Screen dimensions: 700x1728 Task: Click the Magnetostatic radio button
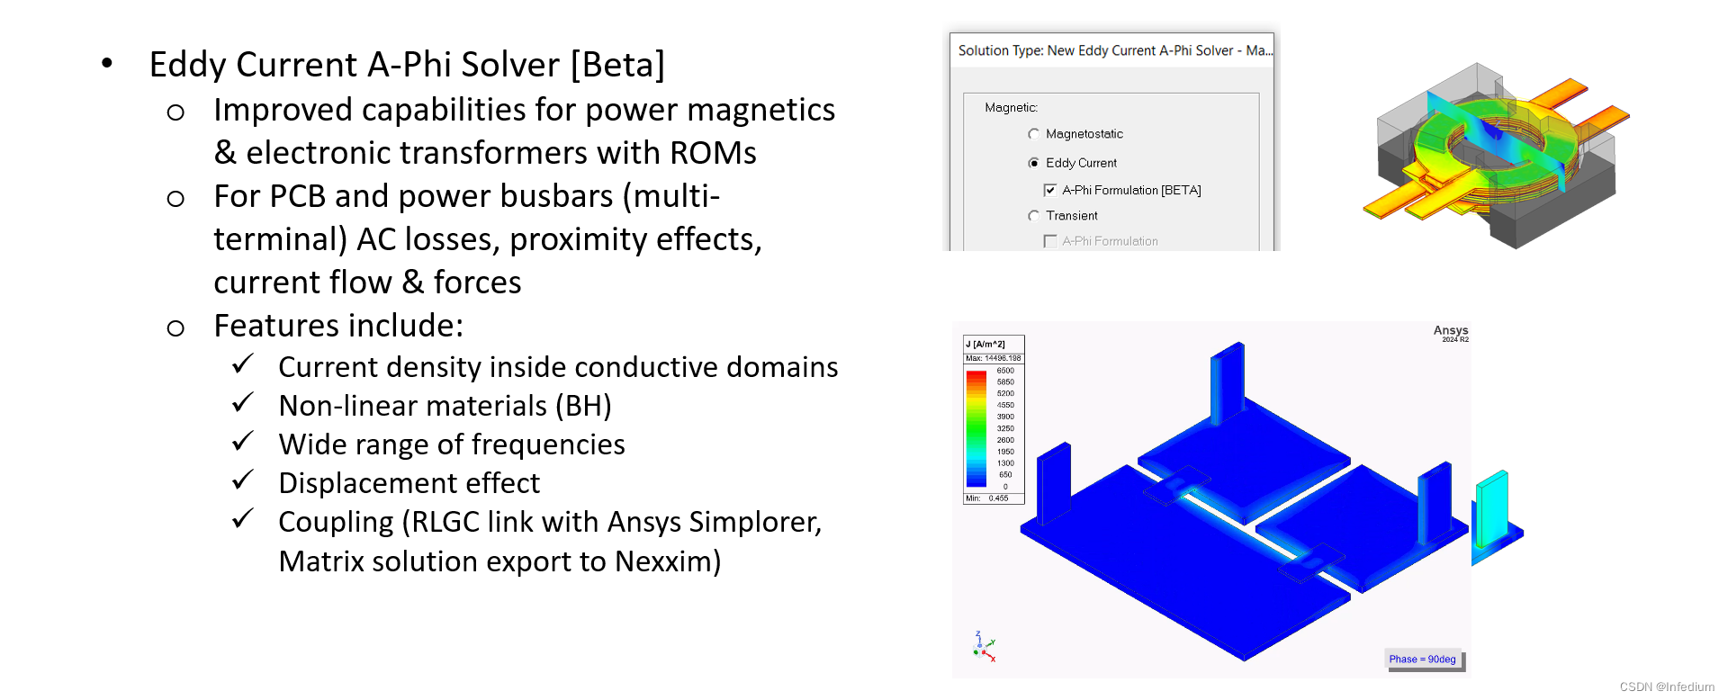point(1033,134)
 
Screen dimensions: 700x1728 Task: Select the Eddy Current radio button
point(1033,163)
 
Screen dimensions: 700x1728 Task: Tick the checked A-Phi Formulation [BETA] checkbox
point(1049,190)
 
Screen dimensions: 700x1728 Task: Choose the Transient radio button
point(1033,216)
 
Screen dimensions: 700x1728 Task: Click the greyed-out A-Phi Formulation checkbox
point(1049,241)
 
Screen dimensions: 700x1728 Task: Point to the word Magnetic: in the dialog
point(1011,108)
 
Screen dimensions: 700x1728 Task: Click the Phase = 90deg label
point(1422,660)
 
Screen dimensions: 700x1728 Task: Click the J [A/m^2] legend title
point(985,345)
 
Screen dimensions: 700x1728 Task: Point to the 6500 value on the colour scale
point(1005,371)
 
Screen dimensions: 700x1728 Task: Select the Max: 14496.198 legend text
point(993,358)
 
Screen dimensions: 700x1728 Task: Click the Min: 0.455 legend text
point(987,498)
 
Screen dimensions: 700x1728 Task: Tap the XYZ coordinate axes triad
point(984,646)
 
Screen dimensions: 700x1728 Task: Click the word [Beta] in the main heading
point(617,66)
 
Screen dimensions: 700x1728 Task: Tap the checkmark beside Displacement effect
point(243,480)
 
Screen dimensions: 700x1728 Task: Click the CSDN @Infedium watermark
point(1667,687)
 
